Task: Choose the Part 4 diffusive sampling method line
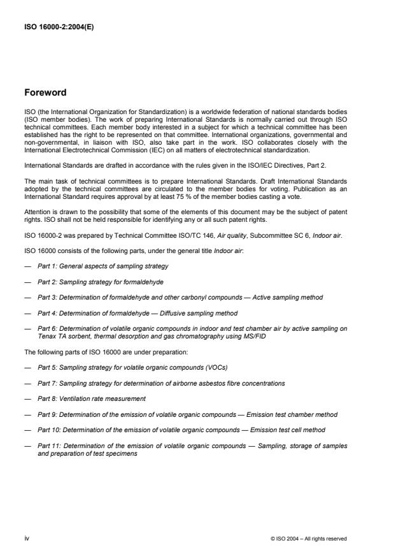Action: point(137,314)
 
